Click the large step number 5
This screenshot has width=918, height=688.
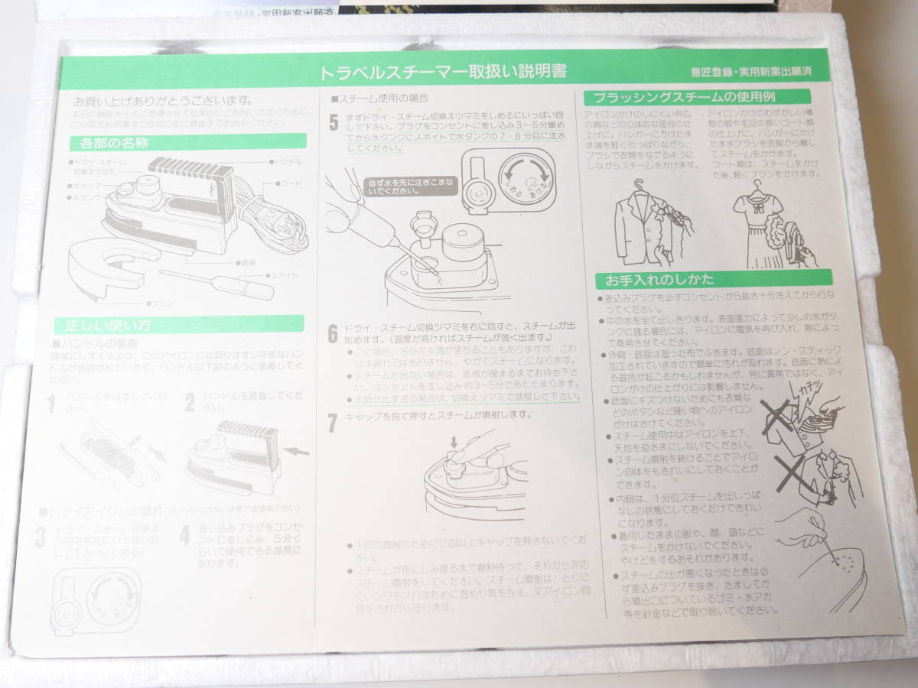click(334, 122)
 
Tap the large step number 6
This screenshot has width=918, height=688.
click(333, 333)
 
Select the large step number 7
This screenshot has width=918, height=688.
click(333, 422)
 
